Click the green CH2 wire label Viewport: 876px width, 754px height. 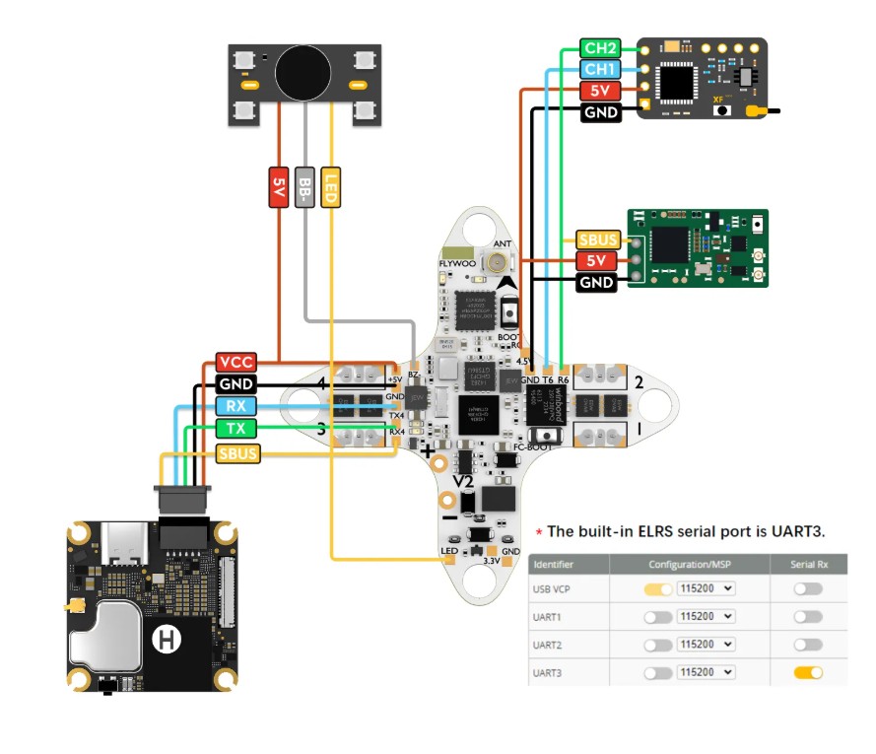pos(599,48)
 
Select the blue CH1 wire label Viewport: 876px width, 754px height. pos(599,69)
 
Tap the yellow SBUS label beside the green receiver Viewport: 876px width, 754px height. pos(597,240)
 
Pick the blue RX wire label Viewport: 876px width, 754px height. pos(236,407)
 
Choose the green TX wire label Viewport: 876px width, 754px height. pos(236,429)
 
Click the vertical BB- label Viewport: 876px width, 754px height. pos(305,187)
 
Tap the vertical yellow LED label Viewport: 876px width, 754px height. pos(333,187)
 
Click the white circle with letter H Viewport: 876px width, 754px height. pos(167,641)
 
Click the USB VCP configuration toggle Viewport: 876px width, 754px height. pos(657,588)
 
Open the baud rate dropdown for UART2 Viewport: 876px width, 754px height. pos(706,645)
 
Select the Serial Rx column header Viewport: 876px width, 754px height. pos(808,564)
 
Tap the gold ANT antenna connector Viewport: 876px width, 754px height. pos(502,263)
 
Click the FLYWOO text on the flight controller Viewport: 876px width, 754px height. pos(456,265)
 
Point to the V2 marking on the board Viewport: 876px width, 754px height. pos(463,482)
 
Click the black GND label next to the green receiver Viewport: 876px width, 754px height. pos(597,283)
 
